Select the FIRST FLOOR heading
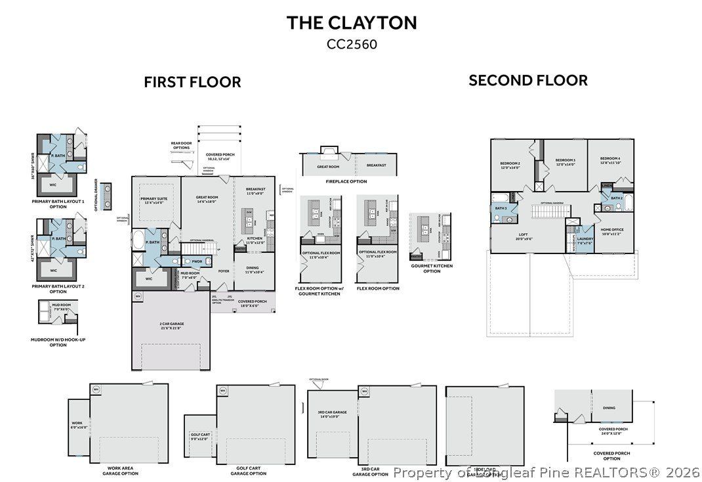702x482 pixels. (x=192, y=82)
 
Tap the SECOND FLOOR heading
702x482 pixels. (x=527, y=80)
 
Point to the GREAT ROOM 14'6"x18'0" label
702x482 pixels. (x=207, y=200)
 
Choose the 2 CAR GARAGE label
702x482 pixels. (x=169, y=326)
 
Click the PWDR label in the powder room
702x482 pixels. (x=197, y=261)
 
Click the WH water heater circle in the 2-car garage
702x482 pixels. (x=138, y=296)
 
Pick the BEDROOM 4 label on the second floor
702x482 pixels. (x=609, y=161)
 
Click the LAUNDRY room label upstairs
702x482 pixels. (x=585, y=240)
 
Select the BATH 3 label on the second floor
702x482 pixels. (x=501, y=208)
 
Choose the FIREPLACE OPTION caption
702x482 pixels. (x=348, y=181)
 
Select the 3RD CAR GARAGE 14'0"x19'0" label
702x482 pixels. (x=331, y=414)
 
